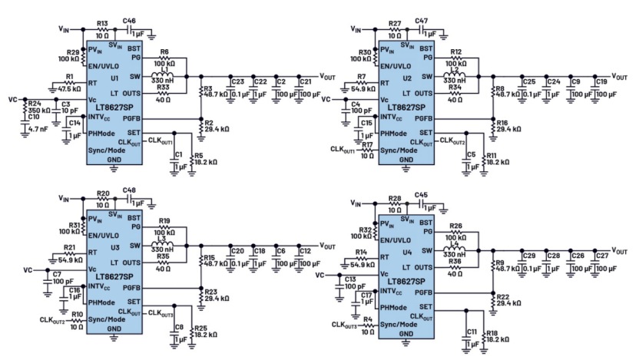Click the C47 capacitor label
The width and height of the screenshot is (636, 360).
(x=420, y=14)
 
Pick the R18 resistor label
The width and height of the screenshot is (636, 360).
(x=492, y=332)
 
